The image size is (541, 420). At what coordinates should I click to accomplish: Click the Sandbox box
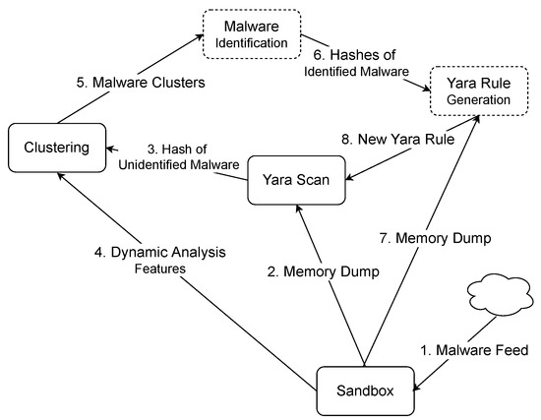pos(366,390)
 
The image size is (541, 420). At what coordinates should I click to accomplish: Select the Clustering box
pos(57,149)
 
